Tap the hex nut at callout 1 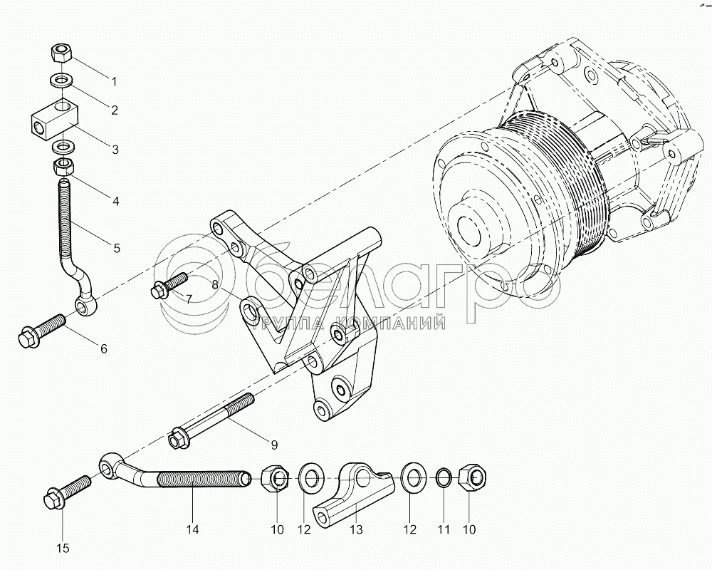62,53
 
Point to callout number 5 115,249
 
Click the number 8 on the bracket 214,284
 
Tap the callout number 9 274,445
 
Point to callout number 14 192,529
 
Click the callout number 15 63,547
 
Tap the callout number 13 356,529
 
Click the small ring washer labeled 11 441,477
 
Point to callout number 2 112,110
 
